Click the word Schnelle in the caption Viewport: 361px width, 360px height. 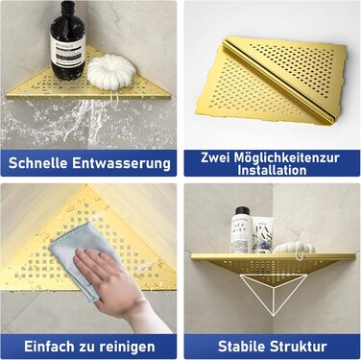pyautogui.click(x=37, y=163)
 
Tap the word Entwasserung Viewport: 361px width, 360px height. pyautogui.click(x=121, y=163)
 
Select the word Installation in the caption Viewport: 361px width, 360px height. pyautogui.click(x=272, y=170)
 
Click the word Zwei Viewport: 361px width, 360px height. pyautogui.click(x=215, y=157)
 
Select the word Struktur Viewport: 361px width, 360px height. pyautogui.click(x=299, y=347)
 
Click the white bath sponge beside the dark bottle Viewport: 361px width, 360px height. pyautogui.click(x=111, y=71)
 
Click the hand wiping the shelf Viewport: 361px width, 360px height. pyautogui.click(x=112, y=286)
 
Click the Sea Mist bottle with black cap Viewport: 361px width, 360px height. pyautogui.click(x=242, y=229)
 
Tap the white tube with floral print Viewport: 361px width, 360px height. pyautogui.click(x=263, y=234)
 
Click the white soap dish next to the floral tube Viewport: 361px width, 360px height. pyautogui.click(x=294, y=247)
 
